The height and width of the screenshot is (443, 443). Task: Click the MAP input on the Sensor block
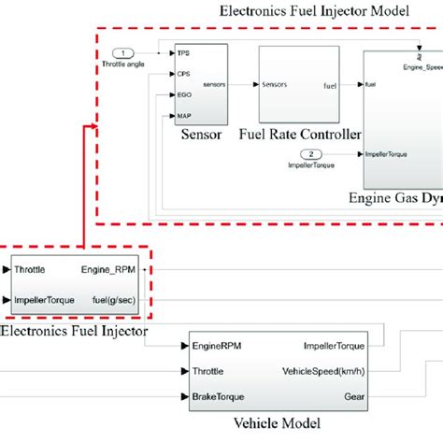(x=184, y=116)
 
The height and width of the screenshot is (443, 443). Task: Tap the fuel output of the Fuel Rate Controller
(x=329, y=85)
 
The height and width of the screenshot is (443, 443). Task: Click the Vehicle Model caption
(x=279, y=423)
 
